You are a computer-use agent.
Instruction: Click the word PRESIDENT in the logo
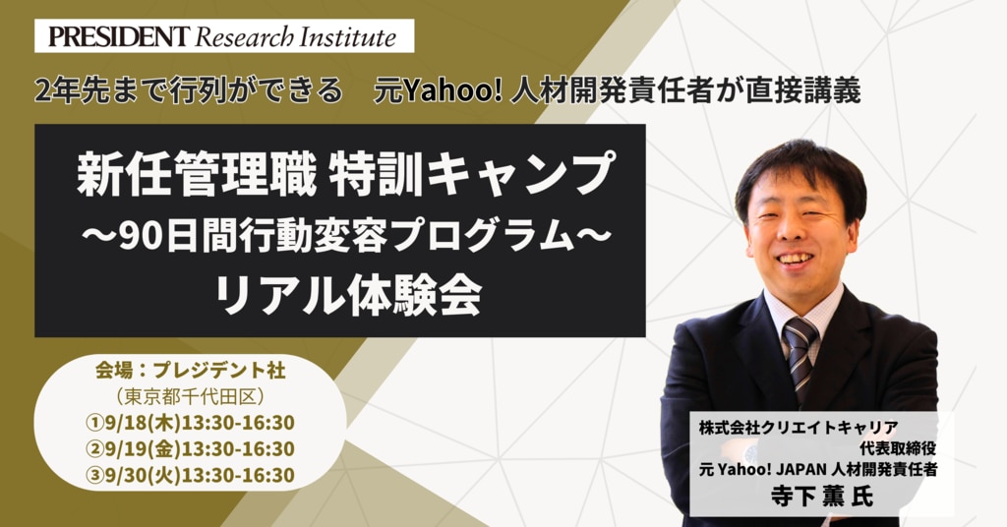pyautogui.click(x=119, y=36)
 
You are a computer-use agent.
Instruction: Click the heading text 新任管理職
pyautogui.click(x=197, y=173)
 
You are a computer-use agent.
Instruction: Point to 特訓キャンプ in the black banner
pyautogui.click(x=472, y=173)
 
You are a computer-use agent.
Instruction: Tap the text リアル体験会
pyautogui.click(x=347, y=297)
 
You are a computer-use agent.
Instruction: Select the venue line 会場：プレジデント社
pyautogui.click(x=190, y=371)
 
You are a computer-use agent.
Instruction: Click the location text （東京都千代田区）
pyautogui.click(x=190, y=396)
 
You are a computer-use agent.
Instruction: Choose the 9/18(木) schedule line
pyautogui.click(x=190, y=423)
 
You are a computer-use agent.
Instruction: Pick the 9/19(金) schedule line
pyautogui.click(x=190, y=448)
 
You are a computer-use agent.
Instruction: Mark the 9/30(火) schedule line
pyautogui.click(x=190, y=475)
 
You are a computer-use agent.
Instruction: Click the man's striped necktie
pyautogui.click(x=800, y=356)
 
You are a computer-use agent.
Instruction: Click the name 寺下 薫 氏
pyautogui.click(x=821, y=497)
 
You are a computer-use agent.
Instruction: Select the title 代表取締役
pyautogui.click(x=897, y=448)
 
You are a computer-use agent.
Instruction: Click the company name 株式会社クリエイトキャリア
pyautogui.click(x=799, y=428)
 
